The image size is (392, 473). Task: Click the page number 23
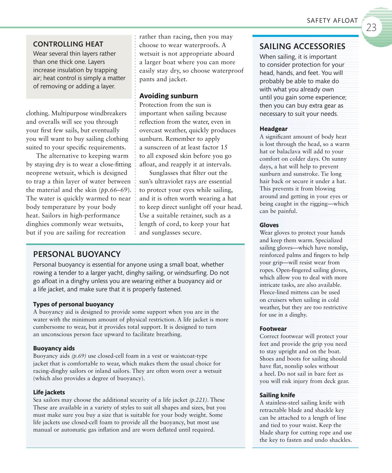click(x=371, y=28)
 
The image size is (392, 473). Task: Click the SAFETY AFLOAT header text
click(x=332, y=20)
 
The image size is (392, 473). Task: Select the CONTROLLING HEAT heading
click(x=68, y=44)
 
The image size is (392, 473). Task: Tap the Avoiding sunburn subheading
click(x=168, y=96)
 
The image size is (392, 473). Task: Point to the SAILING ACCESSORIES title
click(x=302, y=47)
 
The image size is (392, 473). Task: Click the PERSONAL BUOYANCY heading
click(x=77, y=254)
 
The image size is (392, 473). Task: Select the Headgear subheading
click(x=273, y=129)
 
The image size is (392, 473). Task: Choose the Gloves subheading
click(x=269, y=225)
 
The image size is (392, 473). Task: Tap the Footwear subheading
click(x=273, y=329)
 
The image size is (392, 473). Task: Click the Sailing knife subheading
click(x=277, y=395)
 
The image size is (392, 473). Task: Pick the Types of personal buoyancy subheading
click(x=73, y=304)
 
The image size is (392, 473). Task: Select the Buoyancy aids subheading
click(x=54, y=348)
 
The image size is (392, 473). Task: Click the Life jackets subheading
click(x=49, y=392)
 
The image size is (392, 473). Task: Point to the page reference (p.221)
click(x=198, y=400)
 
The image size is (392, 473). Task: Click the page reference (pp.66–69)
click(x=115, y=190)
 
